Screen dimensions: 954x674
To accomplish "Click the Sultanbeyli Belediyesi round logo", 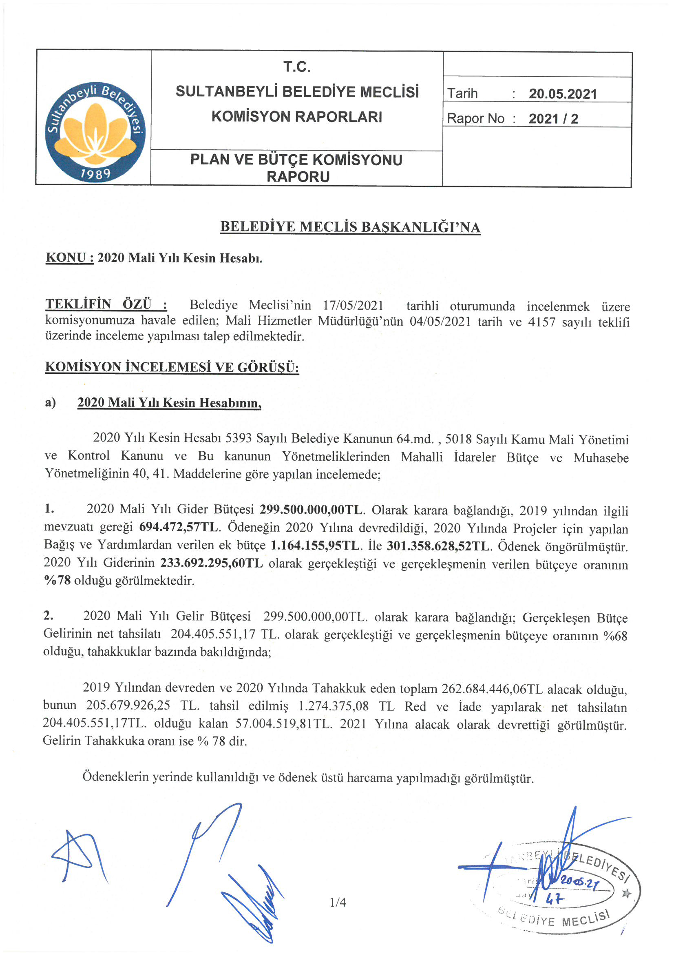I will pyautogui.click(x=95, y=132).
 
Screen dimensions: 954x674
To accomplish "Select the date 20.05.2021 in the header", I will pyautogui.click(x=562, y=94).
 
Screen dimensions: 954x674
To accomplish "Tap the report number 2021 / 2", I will pyautogui.click(x=553, y=119).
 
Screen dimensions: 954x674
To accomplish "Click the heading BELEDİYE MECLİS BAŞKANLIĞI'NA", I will pyautogui.click(x=350, y=227).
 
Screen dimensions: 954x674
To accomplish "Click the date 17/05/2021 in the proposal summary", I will pyautogui.click(x=353, y=305).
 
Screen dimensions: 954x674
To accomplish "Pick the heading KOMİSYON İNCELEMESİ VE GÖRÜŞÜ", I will pyautogui.click(x=172, y=367).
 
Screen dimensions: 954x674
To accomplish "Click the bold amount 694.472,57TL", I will pyautogui.click(x=179, y=527).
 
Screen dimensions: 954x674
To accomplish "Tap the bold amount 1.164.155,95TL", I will pyautogui.click(x=316, y=545).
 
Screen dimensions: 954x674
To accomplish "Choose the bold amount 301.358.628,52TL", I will pyautogui.click(x=439, y=546).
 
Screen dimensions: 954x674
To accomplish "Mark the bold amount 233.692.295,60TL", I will pyautogui.click(x=211, y=563).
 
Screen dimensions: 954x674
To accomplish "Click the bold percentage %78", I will pyautogui.click(x=57, y=581).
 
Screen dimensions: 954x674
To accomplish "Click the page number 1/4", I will pyautogui.click(x=338, y=902).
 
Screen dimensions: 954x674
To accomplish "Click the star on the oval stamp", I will pyautogui.click(x=626, y=892).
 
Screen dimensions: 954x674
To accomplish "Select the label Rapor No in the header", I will pyautogui.click(x=475, y=119).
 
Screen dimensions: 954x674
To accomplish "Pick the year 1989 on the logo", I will pyautogui.click(x=96, y=174).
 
